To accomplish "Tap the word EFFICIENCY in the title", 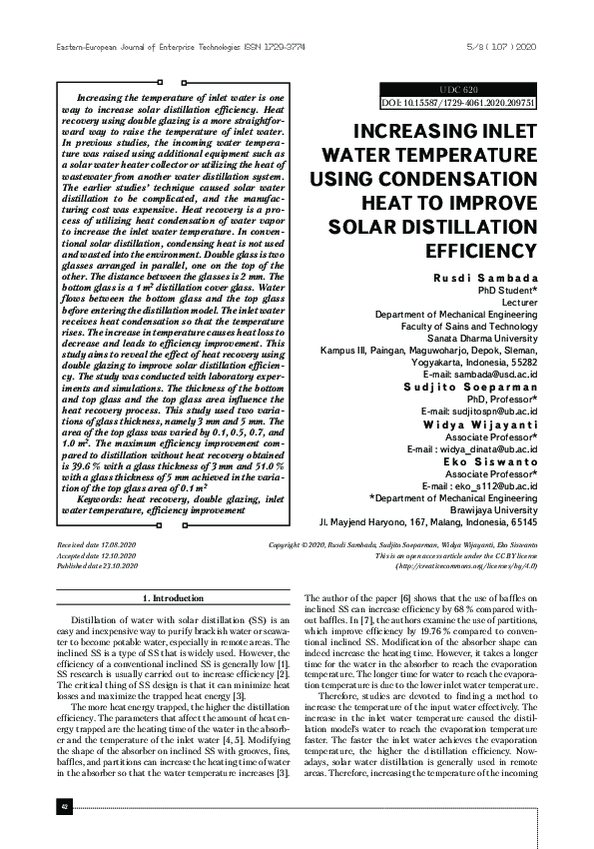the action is coord(480,250).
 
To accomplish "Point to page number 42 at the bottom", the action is coord(36,834).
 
